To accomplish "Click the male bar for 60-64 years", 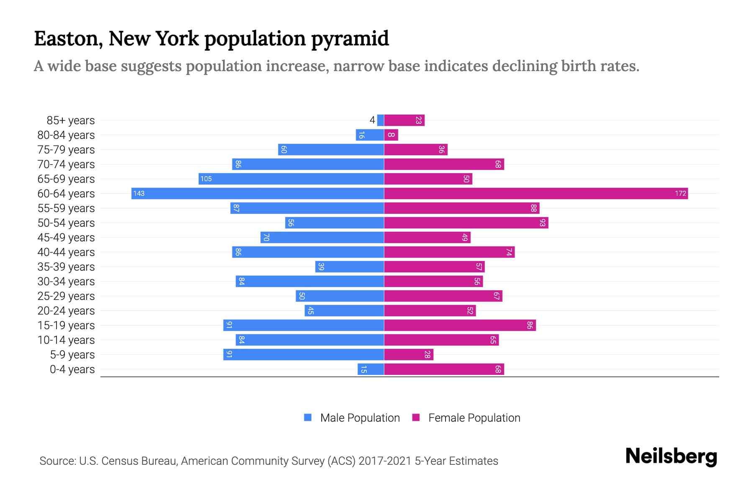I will (x=258, y=193).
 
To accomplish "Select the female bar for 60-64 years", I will (x=535, y=193).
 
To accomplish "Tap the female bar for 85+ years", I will (x=404, y=120).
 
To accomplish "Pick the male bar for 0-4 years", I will (x=371, y=369).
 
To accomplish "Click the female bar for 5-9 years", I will (x=409, y=355).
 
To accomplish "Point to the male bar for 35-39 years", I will (x=350, y=267).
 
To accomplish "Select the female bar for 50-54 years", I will (x=466, y=223).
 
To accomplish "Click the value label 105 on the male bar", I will (x=206, y=179).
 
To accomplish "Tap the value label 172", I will (x=680, y=193).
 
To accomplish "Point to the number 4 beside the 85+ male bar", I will (x=372, y=120).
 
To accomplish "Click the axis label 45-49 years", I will (x=66, y=238).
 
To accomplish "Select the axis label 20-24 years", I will (x=66, y=311).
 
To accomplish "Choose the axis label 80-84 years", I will (x=66, y=135).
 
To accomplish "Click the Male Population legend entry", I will (x=360, y=418).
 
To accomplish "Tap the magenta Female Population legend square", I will (x=416, y=417).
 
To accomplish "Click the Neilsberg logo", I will (x=671, y=456).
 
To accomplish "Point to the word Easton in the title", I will (x=69, y=39).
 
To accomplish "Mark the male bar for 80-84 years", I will (x=370, y=135).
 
